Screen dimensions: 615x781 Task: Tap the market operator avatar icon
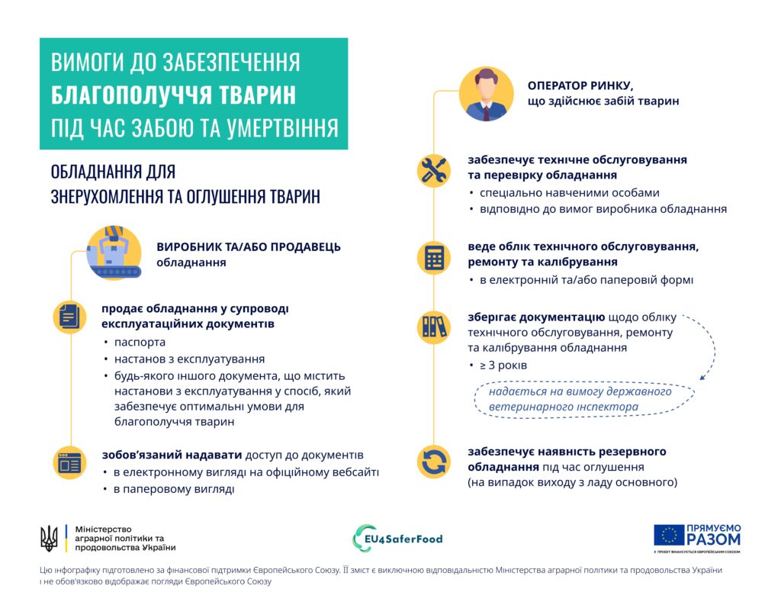(x=486, y=94)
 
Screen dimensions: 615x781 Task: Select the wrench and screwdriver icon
(x=435, y=170)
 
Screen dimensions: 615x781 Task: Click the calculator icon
(x=435, y=258)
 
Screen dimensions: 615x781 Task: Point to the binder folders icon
(x=435, y=327)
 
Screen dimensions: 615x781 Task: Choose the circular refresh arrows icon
(x=435, y=462)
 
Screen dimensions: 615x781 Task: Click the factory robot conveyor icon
(x=114, y=253)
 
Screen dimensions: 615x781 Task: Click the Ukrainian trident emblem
(x=49, y=538)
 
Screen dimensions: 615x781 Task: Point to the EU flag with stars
(x=669, y=536)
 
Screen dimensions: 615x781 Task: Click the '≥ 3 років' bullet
(x=503, y=365)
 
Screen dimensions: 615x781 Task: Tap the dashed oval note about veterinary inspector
(x=583, y=398)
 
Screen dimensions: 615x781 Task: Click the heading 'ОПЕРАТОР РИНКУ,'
(x=580, y=85)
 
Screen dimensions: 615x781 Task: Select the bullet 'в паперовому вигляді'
(x=173, y=488)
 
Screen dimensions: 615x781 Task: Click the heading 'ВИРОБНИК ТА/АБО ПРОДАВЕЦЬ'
(x=249, y=247)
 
